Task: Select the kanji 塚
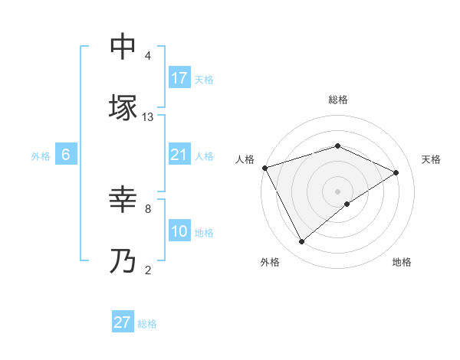click(x=123, y=108)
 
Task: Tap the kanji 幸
click(x=123, y=201)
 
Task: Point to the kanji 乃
click(x=123, y=262)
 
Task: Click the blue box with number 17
click(x=179, y=77)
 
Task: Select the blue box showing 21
click(x=179, y=155)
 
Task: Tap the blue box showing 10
click(x=179, y=231)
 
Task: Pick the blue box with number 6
click(x=66, y=155)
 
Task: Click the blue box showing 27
click(x=123, y=322)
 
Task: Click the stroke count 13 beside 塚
click(x=148, y=117)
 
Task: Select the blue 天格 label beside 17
click(x=204, y=79)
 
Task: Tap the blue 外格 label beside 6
click(x=41, y=155)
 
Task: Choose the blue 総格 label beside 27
click(x=147, y=324)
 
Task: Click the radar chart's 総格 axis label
click(x=338, y=100)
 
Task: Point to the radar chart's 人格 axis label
click(x=245, y=159)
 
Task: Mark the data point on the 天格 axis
click(x=396, y=172)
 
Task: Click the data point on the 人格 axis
click(x=264, y=168)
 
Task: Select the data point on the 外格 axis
click(x=302, y=242)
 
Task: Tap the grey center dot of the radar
click(x=338, y=191)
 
